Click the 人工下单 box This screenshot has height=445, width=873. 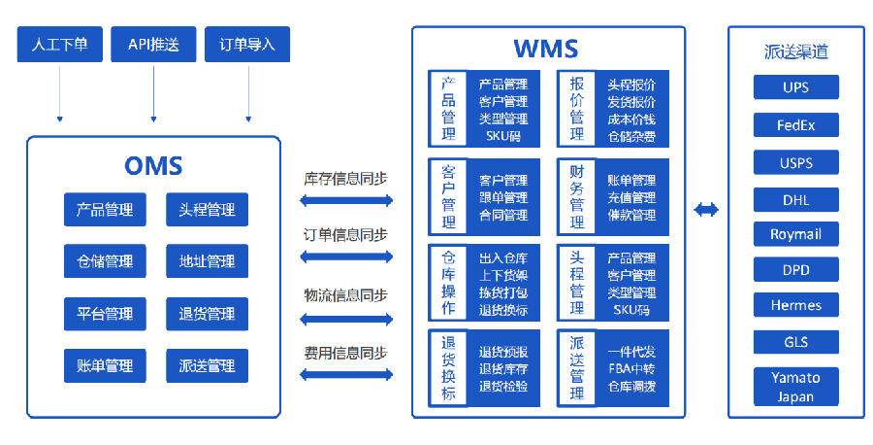point(59,44)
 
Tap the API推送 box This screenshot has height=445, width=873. point(153,44)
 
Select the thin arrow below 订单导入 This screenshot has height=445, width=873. point(248,93)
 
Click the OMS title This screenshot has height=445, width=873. point(153,165)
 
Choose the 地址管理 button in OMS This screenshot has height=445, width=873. point(208,261)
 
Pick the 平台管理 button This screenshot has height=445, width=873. point(105,314)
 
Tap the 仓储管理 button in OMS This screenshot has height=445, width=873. point(105,261)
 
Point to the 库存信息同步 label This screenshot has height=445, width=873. point(345,179)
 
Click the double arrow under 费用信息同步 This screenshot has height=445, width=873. point(346,374)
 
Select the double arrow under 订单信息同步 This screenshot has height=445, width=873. point(346,257)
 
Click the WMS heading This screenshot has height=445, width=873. point(545,49)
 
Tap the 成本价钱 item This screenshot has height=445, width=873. point(631,119)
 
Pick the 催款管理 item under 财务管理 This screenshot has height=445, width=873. point(631,215)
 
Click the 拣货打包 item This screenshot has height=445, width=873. point(503,292)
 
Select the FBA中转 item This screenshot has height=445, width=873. point(631,368)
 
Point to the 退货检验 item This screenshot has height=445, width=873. point(503,386)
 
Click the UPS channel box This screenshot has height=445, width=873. point(796,87)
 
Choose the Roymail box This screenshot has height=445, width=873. point(796,234)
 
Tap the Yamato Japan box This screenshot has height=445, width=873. point(796,387)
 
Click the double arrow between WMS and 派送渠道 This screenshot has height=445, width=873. point(706,210)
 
